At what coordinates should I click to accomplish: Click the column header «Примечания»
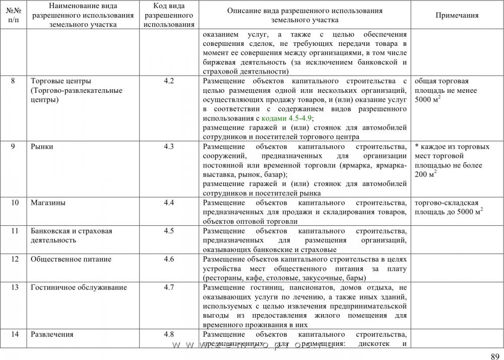pyautogui.click(x=457, y=15)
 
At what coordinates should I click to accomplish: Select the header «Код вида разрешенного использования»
pyautogui.click(x=169, y=15)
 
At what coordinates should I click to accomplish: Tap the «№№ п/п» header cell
pyautogui.click(x=14, y=15)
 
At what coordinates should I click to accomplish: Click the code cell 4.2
pyautogui.click(x=169, y=81)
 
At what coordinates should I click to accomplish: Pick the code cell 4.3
pyautogui.click(x=169, y=147)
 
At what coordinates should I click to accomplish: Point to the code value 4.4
pyautogui.click(x=169, y=203)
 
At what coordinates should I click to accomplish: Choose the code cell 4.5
pyautogui.click(x=169, y=231)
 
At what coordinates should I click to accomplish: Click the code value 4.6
pyautogui.click(x=169, y=259)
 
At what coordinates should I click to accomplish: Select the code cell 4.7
pyautogui.click(x=169, y=287)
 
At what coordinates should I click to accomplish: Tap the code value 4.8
pyautogui.click(x=169, y=334)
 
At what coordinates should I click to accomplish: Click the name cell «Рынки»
pyautogui.click(x=42, y=147)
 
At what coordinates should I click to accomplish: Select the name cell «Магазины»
pyautogui.click(x=49, y=203)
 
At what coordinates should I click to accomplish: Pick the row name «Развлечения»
pyautogui.click(x=52, y=334)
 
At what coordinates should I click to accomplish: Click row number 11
pyautogui.click(x=15, y=231)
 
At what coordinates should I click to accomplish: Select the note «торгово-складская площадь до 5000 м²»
pyautogui.click(x=449, y=207)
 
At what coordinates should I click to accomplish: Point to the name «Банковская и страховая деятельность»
pyautogui.click(x=71, y=235)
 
